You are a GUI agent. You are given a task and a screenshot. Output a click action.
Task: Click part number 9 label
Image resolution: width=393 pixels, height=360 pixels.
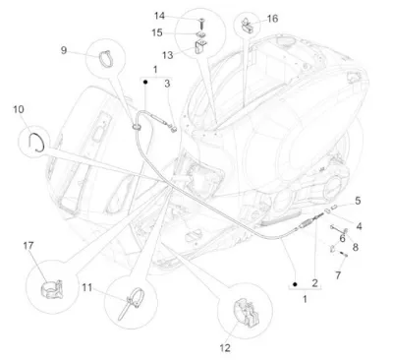pyautogui.click(x=64, y=50)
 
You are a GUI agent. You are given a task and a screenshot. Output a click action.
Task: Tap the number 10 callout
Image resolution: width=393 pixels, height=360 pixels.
pyautogui.click(x=19, y=109)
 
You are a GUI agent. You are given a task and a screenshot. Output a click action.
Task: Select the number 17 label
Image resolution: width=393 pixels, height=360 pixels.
pyautogui.click(x=28, y=246)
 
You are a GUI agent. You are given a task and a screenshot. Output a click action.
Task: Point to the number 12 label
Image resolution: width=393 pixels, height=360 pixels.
pyautogui.click(x=225, y=348)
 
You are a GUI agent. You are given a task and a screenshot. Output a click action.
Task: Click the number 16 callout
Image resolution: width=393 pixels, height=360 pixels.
pyautogui.click(x=272, y=19)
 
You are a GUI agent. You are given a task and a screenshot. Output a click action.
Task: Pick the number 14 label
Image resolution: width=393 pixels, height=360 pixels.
pyautogui.click(x=159, y=16)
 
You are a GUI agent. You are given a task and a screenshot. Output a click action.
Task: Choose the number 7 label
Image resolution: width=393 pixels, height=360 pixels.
pyautogui.click(x=338, y=275)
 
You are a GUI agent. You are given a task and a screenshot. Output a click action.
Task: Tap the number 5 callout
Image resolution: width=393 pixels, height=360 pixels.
pyautogui.click(x=358, y=201)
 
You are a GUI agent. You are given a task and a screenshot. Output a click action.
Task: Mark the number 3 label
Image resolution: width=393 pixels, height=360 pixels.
pyautogui.click(x=167, y=84)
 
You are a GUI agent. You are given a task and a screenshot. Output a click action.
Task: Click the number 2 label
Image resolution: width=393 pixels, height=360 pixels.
pyautogui.click(x=314, y=283)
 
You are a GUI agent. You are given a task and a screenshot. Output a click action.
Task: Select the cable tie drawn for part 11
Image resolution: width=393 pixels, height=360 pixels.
pyautogui.click(x=131, y=301)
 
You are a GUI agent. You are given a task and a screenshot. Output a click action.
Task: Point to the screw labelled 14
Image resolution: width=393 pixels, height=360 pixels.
pyautogui.click(x=201, y=24)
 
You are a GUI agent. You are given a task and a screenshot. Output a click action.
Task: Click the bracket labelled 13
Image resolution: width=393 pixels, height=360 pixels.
pyautogui.click(x=200, y=46)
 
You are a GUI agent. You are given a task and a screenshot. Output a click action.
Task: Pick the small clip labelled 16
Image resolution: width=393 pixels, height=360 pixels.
pyautogui.click(x=248, y=25)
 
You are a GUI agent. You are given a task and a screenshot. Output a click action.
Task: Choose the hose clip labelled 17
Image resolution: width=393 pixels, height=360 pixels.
pyautogui.click(x=52, y=289)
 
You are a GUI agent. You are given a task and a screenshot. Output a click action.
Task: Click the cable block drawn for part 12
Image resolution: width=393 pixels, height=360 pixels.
pyautogui.click(x=246, y=313)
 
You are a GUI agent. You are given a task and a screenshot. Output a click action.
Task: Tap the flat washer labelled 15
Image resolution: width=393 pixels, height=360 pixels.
pyautogui.click(x=201, y=34)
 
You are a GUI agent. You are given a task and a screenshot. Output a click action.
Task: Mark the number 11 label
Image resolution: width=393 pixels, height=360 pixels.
pyautogui.click(x=87, y=287)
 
